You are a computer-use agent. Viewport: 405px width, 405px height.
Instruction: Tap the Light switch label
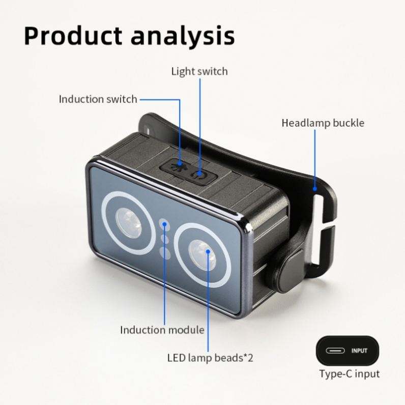pyautogui.click(x=199, y=71)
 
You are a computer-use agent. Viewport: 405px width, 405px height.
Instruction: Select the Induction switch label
pyautogui.click(x=98, y=99)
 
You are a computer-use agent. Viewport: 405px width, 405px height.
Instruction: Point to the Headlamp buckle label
pyautogui.click(x=323, y=123)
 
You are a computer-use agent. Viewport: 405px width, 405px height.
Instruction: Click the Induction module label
pyautogui.click(x=162, y=330)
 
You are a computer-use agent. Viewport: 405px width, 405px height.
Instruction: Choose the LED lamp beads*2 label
pyautogui.click(x=210, y=357)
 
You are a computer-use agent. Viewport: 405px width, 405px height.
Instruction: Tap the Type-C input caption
pyautogui.click(x=349, y=374)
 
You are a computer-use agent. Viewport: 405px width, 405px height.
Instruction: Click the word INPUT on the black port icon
pyautogui.click(x=359, y=351)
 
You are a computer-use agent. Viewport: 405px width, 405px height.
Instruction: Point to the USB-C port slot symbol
pyautogui.click(x=337, y=351)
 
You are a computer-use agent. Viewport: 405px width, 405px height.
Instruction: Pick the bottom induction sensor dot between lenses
pyautogui.click(x=164, y=252)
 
